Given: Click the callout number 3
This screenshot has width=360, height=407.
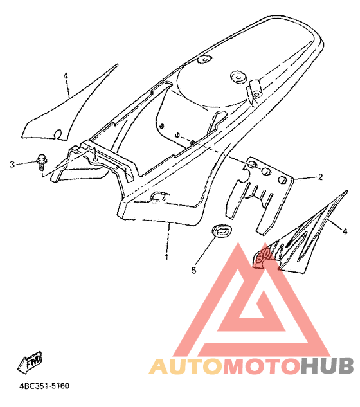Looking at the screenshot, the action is coord(12,165).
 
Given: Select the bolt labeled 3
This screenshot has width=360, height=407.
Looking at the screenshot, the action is coord(42,162).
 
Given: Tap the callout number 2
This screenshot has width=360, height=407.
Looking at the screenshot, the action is coord(320,177).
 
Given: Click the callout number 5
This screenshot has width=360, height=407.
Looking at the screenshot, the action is coord(194,271).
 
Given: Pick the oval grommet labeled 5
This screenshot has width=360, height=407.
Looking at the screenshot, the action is coord(222,230).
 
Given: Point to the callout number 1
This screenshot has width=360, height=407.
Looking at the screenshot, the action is coord(166,257).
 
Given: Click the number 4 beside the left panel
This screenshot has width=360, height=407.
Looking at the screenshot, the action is coord(66,76).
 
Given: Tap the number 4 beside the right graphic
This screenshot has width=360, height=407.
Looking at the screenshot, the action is coord(345,231).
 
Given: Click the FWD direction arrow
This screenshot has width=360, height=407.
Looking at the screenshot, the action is coord(30,362).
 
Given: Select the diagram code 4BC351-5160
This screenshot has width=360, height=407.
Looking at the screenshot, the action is coord(44,386).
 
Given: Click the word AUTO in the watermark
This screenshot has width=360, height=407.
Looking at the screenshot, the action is coord(186,366).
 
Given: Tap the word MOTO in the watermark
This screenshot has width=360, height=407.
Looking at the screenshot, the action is coord(260,366).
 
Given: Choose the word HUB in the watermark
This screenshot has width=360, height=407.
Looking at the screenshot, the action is coord(327,366).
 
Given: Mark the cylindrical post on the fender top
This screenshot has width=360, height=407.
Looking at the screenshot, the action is coord(255,89).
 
